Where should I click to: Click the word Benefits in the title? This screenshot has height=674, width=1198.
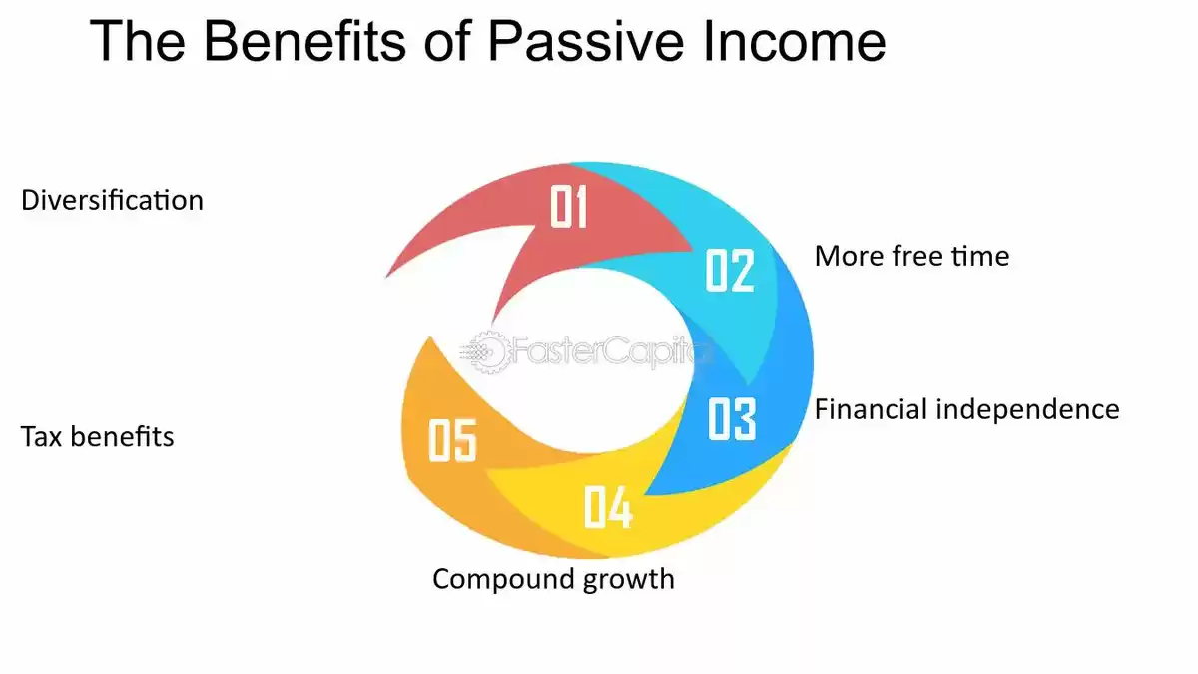[304, 42]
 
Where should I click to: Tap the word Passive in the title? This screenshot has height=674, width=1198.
[586, 42]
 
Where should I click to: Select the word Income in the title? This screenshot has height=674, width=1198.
[795, 42]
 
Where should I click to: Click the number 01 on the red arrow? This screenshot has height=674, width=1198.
[568, 207]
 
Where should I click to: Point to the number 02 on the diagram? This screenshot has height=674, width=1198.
[730, 271]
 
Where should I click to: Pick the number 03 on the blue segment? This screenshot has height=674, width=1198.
[732, 419]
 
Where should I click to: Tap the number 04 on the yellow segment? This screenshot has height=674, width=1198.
[608, 507]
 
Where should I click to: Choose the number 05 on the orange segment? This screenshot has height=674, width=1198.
[452, 440]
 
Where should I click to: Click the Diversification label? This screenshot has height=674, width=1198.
[112, 200]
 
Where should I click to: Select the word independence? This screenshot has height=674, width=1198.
[1027, 409]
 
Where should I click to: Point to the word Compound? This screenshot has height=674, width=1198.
[503, 580]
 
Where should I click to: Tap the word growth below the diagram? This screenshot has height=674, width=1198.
[628, 580]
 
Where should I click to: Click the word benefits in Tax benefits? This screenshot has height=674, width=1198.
[122, 436]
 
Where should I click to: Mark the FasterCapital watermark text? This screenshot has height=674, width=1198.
[610, 351]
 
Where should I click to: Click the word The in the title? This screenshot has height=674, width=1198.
[138, 42]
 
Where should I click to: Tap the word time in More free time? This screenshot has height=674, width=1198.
[980, 256]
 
